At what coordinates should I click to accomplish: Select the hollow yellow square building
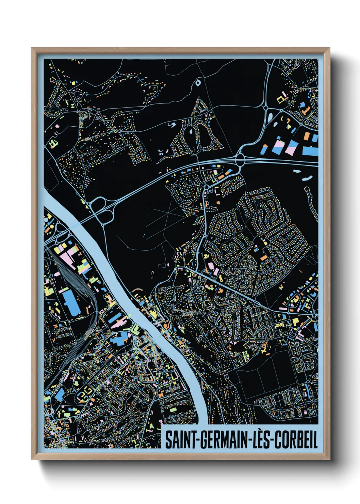click(x=280, y=99)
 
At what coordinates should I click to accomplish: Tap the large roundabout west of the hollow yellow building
click(x=265, y=108)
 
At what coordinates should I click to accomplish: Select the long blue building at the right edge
click(x=310, y=150)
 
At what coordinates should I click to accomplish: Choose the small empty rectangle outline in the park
click(x=162, y=265)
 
